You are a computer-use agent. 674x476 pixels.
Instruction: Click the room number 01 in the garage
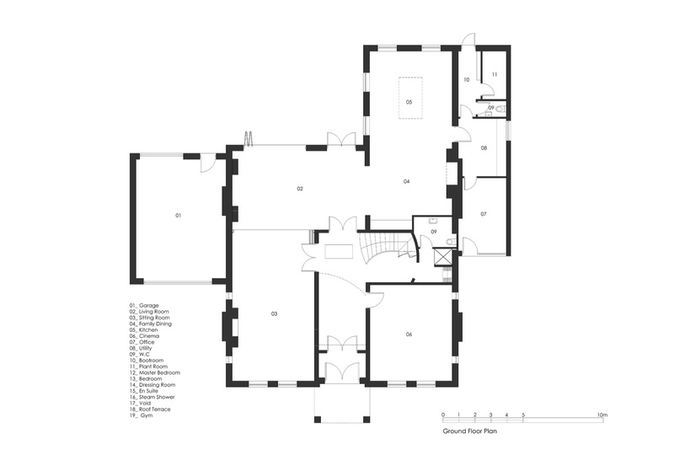coord(178,215)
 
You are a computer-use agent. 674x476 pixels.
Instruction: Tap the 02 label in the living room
coord(300,189)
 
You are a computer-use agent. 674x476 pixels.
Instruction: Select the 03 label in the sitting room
coord(275,314)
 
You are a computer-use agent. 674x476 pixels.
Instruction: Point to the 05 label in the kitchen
coord(409,102)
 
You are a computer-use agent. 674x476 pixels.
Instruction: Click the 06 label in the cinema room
coord(409,334)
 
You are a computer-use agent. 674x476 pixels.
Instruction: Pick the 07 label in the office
coord(484,214)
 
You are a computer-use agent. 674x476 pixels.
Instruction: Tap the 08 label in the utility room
coord(484,148)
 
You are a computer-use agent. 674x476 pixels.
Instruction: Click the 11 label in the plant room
coord(495,74)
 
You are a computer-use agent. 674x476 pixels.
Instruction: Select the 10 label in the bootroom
coord(467,79)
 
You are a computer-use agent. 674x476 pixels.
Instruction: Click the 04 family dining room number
coord(406,181)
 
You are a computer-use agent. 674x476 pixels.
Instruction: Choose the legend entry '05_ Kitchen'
coord(143,329)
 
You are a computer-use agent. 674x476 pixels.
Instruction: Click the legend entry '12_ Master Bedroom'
coord(155,373)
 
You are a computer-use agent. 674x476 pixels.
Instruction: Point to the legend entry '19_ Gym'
coord(141,415)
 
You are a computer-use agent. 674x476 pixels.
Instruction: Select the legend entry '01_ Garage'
coord(144,306)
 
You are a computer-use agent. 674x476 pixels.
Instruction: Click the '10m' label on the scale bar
coord(602,415)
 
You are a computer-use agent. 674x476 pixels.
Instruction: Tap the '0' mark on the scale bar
coord(443,415)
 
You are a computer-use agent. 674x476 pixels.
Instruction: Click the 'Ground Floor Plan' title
coord(470,431)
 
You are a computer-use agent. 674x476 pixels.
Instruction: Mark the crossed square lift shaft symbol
coord(443,257)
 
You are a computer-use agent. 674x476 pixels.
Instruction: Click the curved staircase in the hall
coord(386,249)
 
